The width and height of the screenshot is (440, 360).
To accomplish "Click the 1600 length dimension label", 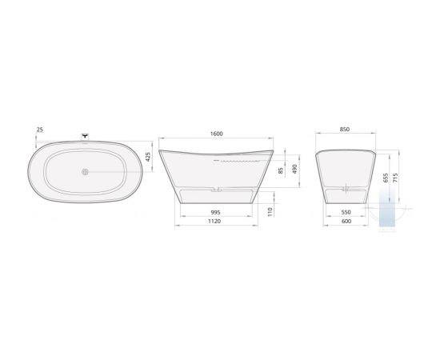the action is click(216, 134).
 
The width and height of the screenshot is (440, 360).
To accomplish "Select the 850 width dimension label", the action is click(345, 129).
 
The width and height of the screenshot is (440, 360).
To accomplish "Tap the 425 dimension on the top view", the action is click(148, 157).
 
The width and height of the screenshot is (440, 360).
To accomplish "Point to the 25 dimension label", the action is click(40, 130).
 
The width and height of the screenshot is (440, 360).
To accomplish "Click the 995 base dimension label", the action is click(215, 213).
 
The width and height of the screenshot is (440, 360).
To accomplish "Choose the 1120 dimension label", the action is click(214, 221).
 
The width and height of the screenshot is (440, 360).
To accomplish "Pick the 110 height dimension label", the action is click(270, 212).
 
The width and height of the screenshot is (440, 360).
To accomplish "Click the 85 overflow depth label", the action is click(281, 170).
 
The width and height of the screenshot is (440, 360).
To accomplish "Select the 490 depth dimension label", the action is click(294, 169).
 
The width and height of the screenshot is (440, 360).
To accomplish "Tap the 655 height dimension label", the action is click(386, 178).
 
